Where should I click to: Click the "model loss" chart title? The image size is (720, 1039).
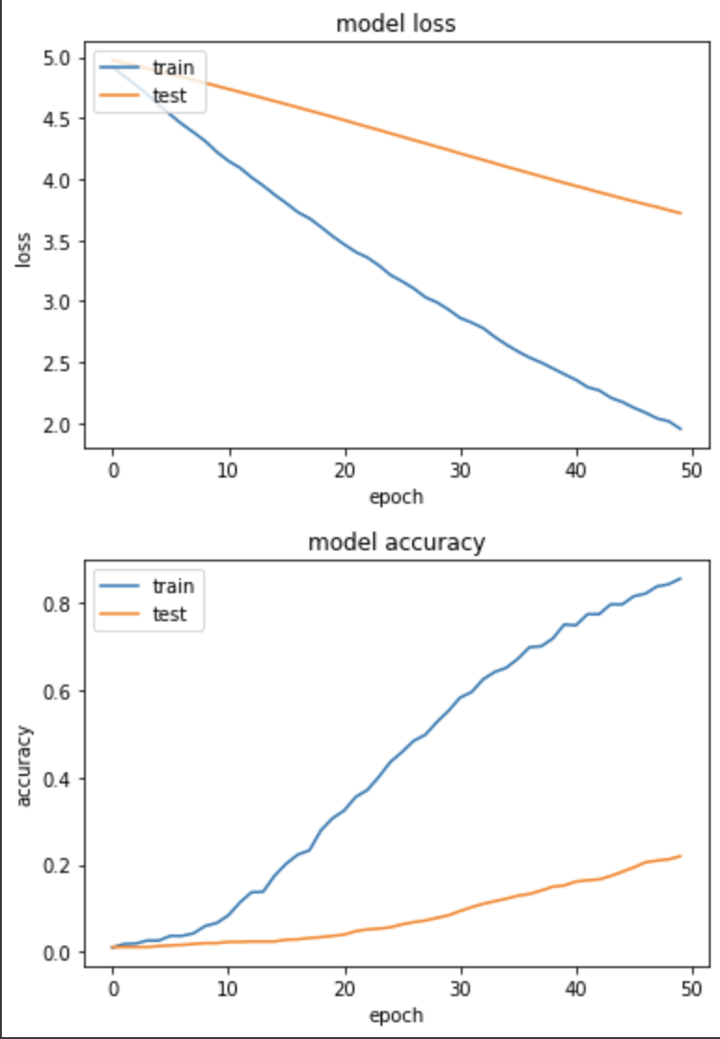(395, 23)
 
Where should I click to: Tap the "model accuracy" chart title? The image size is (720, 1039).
(395, 543)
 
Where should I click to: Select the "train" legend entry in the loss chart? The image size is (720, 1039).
(173, 67)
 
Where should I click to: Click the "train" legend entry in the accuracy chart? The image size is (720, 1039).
(173, 587)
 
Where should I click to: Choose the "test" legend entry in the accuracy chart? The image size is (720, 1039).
(171, 614)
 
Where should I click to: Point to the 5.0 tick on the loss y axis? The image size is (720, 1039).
(57, 59)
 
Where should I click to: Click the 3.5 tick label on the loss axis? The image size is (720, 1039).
(57, 242)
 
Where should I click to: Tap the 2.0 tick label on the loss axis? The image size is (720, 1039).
(57, 424)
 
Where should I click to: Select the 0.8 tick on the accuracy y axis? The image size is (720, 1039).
(57, 604)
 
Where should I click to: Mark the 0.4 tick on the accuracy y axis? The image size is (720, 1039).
(57, 779)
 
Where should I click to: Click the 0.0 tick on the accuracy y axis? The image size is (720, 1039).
(57, 953)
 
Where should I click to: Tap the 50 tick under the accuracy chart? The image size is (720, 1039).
(692, 988)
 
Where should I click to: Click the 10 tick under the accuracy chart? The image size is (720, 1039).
(228, 988)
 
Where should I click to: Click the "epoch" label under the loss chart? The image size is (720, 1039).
(395, 496)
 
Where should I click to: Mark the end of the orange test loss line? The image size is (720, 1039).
(682, 214)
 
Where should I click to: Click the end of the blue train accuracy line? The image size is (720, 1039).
(682, 578)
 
